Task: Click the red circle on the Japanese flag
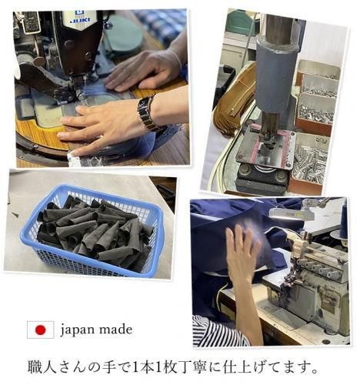point(40,330)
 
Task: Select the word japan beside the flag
point(75,330)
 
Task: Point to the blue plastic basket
point(92,231)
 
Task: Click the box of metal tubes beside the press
point(309,160)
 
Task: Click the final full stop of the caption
point(315,371)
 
